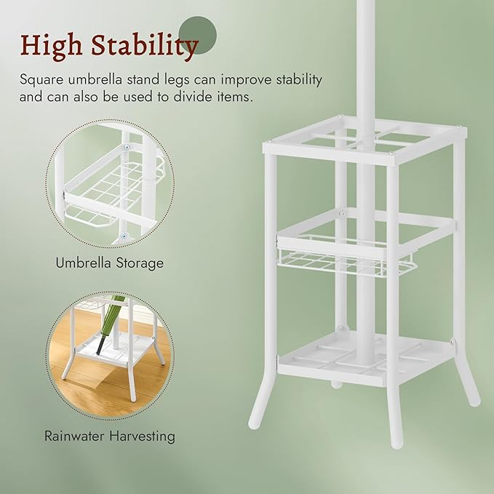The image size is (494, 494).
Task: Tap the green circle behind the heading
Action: pos(198,35)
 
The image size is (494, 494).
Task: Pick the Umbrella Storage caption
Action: pos(109,263)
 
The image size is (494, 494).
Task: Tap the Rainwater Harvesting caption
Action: pos(110,437)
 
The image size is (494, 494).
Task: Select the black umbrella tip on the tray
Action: pos(100,346)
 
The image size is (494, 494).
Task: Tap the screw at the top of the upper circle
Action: pos(127,147)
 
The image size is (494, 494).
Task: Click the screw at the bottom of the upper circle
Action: pos(124,235)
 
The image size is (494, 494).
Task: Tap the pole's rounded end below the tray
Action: pos(336,384)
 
